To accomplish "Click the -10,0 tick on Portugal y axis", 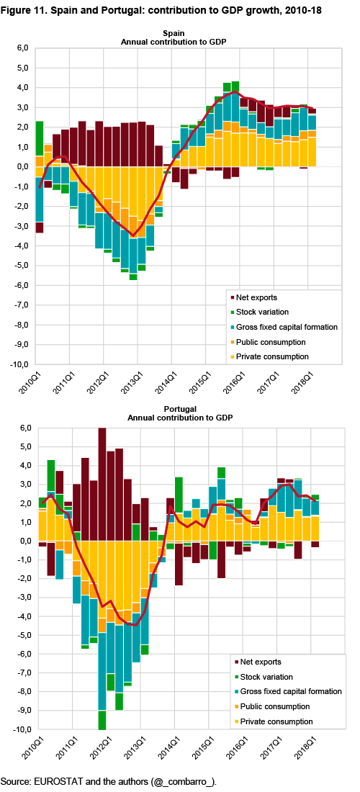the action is [x=21, y=730].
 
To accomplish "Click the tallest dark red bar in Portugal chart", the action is [x=102, y=485].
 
